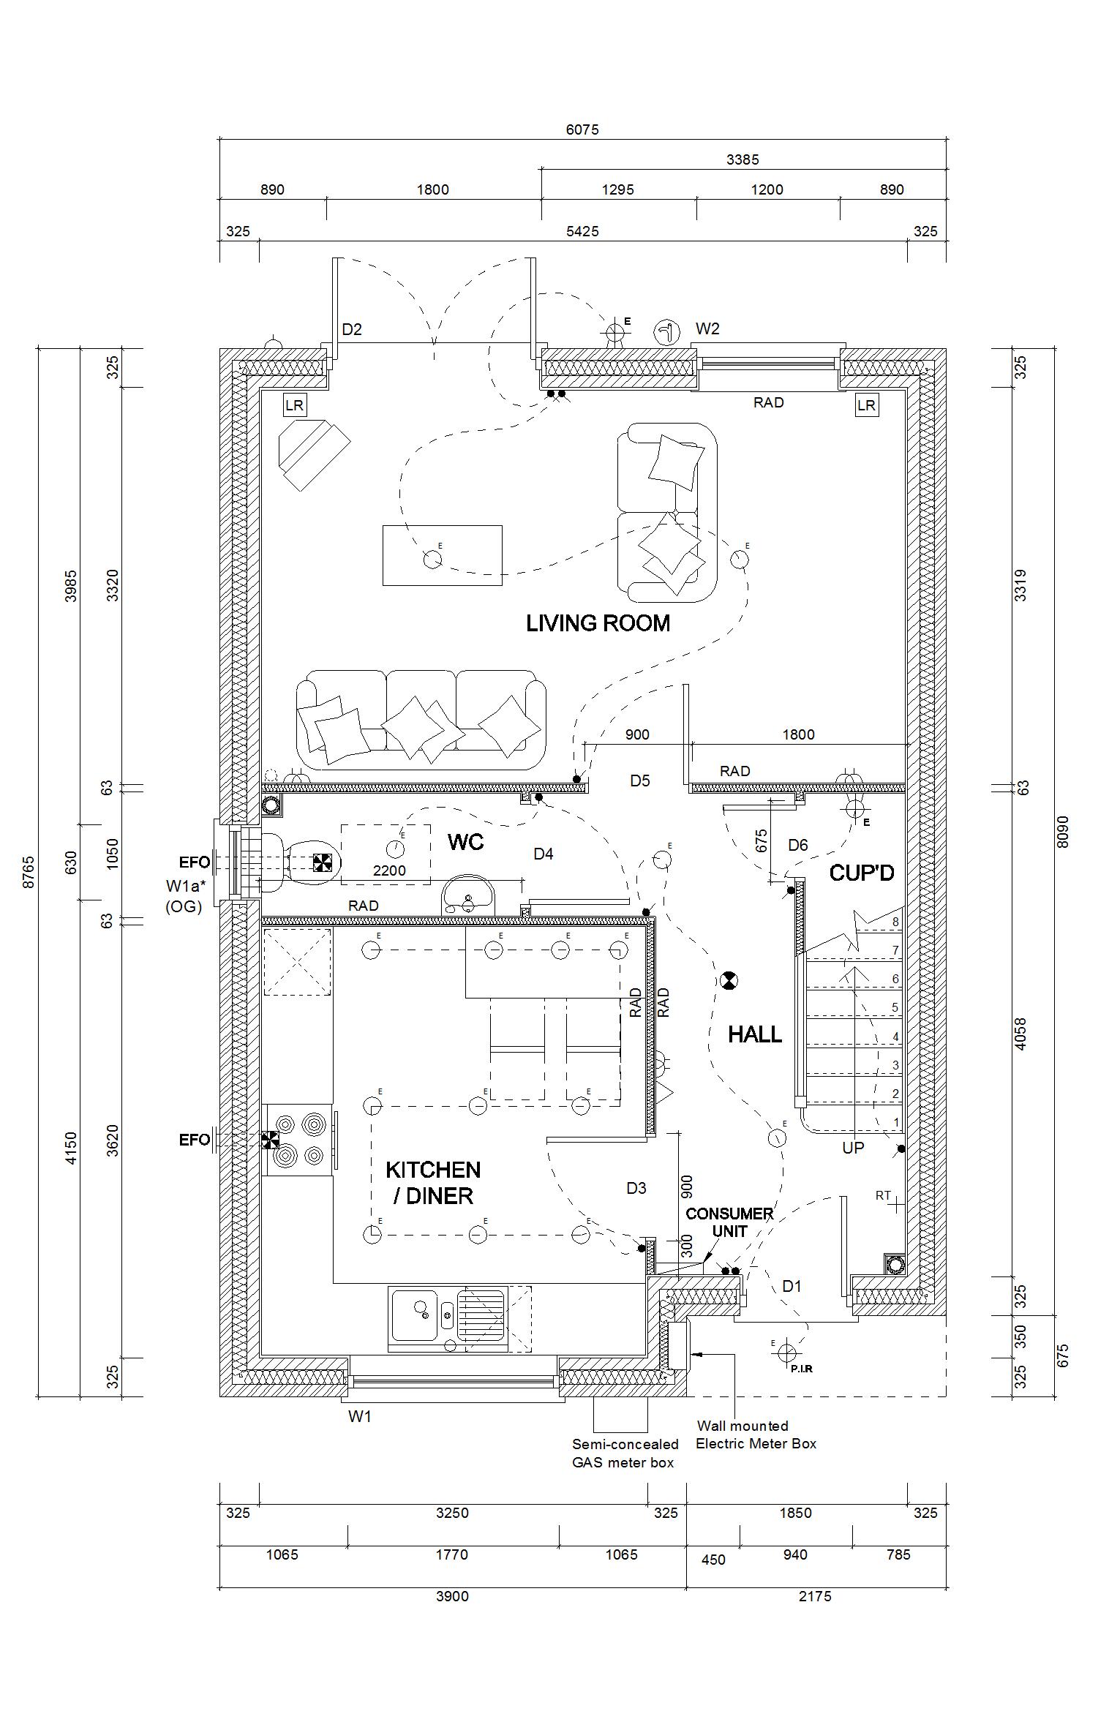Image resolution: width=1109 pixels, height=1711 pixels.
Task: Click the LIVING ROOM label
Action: coord(598,623)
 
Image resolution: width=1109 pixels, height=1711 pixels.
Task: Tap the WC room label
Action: coord(466,843)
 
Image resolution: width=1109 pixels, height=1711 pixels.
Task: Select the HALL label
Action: coord(755,1034)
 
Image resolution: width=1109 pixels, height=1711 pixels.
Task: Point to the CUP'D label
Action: coord(862,873)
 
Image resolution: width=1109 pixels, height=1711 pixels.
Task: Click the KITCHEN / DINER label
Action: coord(433,1183)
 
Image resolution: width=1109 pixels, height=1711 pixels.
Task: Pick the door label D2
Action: coord(352,329)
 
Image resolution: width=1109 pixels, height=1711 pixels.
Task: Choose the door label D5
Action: coord(640,781)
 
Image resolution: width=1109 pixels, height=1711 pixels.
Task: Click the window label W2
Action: coord(707,328)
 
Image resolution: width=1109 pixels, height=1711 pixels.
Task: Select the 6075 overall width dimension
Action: coord(582,129)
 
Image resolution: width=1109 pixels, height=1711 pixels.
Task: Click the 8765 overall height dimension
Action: coord(29,873)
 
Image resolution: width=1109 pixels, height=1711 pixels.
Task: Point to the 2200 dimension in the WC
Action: coord(389,870)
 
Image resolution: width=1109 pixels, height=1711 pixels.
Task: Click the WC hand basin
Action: coord(468,894)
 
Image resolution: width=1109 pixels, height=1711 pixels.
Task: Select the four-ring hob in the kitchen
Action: coord(298,1140)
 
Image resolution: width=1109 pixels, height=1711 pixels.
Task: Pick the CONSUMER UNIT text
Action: coord(729,1222)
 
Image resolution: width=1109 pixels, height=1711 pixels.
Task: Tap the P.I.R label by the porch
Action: coord(802,1369)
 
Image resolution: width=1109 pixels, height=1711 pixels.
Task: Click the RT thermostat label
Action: coord(883,1195)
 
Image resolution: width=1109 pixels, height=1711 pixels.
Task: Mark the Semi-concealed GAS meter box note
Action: coord(625,1454)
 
